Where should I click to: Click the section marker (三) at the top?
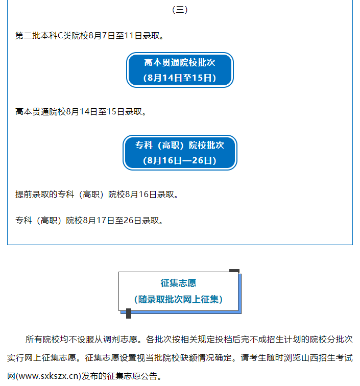(180, 10)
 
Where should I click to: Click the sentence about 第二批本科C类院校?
(89, 36)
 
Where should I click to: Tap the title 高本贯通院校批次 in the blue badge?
(180, 62)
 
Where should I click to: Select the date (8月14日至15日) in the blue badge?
(180, 78)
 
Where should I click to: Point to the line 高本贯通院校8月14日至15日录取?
(81, 112)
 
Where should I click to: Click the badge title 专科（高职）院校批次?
(180, 145)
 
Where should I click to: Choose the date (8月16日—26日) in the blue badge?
(180, 160)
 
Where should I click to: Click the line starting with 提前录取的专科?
(97, 195)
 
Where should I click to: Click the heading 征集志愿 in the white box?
(179, 283)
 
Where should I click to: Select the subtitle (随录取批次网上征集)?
(179, 300)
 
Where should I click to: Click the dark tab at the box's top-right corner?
(234, 271)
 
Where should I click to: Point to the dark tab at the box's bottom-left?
(129, 313)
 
